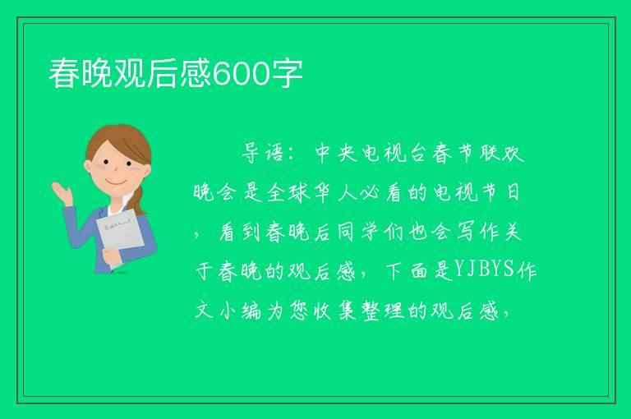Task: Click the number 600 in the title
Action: tap(240, 74)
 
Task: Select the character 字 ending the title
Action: tap(287, 73)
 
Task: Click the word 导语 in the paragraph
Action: tap(263, 153)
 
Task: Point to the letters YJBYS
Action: tap(484, 269)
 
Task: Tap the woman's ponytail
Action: tap(139, 201)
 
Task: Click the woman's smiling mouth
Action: tap(117, 181)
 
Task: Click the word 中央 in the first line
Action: tap(336, 153)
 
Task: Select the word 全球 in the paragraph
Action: tap(288, 192)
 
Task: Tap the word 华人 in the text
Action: tap(336, 192)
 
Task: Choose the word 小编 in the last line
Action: tap(241, 311)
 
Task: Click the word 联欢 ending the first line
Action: tap(502, 153)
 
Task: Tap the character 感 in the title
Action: tap(196, 73)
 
